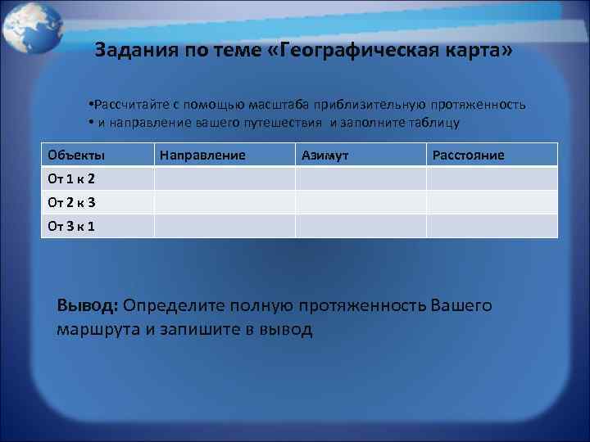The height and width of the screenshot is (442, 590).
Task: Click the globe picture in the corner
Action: coord(30,27)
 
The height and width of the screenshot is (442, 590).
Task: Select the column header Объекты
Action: coord(76,155)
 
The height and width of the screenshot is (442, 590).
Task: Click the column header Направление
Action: coord(202,155)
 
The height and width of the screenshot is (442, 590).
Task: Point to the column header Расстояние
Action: coord(468,155)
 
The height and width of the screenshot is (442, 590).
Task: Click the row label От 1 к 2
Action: coord(71,178)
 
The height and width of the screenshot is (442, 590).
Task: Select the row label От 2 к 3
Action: coord(71,202)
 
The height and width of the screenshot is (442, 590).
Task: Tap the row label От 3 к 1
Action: coord(71,226)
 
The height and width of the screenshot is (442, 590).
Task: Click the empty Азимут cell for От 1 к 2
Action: coord(360,178)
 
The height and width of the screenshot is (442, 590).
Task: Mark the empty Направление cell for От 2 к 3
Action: coord(225,202)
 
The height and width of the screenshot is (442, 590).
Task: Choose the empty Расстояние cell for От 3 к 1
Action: coord(491,226)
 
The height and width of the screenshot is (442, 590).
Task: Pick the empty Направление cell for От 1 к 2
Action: coord(225,178)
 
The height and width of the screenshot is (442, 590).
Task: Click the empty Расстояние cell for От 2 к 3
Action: coord(491,202)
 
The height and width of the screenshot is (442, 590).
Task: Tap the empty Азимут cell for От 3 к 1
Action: coord(360,226)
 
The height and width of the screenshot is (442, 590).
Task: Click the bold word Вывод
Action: coord(88,305)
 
